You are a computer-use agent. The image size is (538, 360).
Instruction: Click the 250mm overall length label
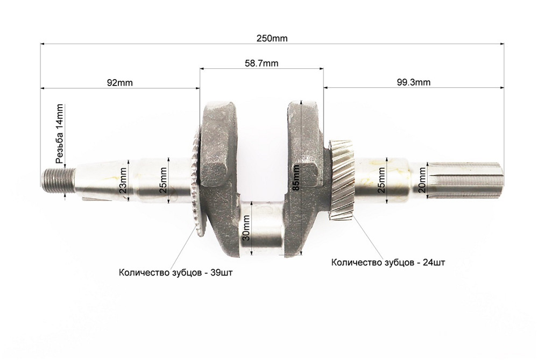coord(273,38)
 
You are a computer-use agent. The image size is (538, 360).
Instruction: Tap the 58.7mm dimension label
coord(261,63)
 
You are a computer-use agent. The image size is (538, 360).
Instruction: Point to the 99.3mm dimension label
coord(413,82)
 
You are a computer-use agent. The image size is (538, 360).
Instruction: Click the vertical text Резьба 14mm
coord(60,133)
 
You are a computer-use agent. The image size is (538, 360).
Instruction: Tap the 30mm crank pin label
coord(246,228)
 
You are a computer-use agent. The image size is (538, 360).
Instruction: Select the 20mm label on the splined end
coord(422,180)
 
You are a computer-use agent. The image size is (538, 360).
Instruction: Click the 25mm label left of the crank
coord(163,180)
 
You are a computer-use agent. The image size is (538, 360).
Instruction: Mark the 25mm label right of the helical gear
coord(381,180)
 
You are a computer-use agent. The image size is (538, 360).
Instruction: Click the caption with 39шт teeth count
coord(176,272)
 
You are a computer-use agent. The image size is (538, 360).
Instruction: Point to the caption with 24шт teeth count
coord(388,263)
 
